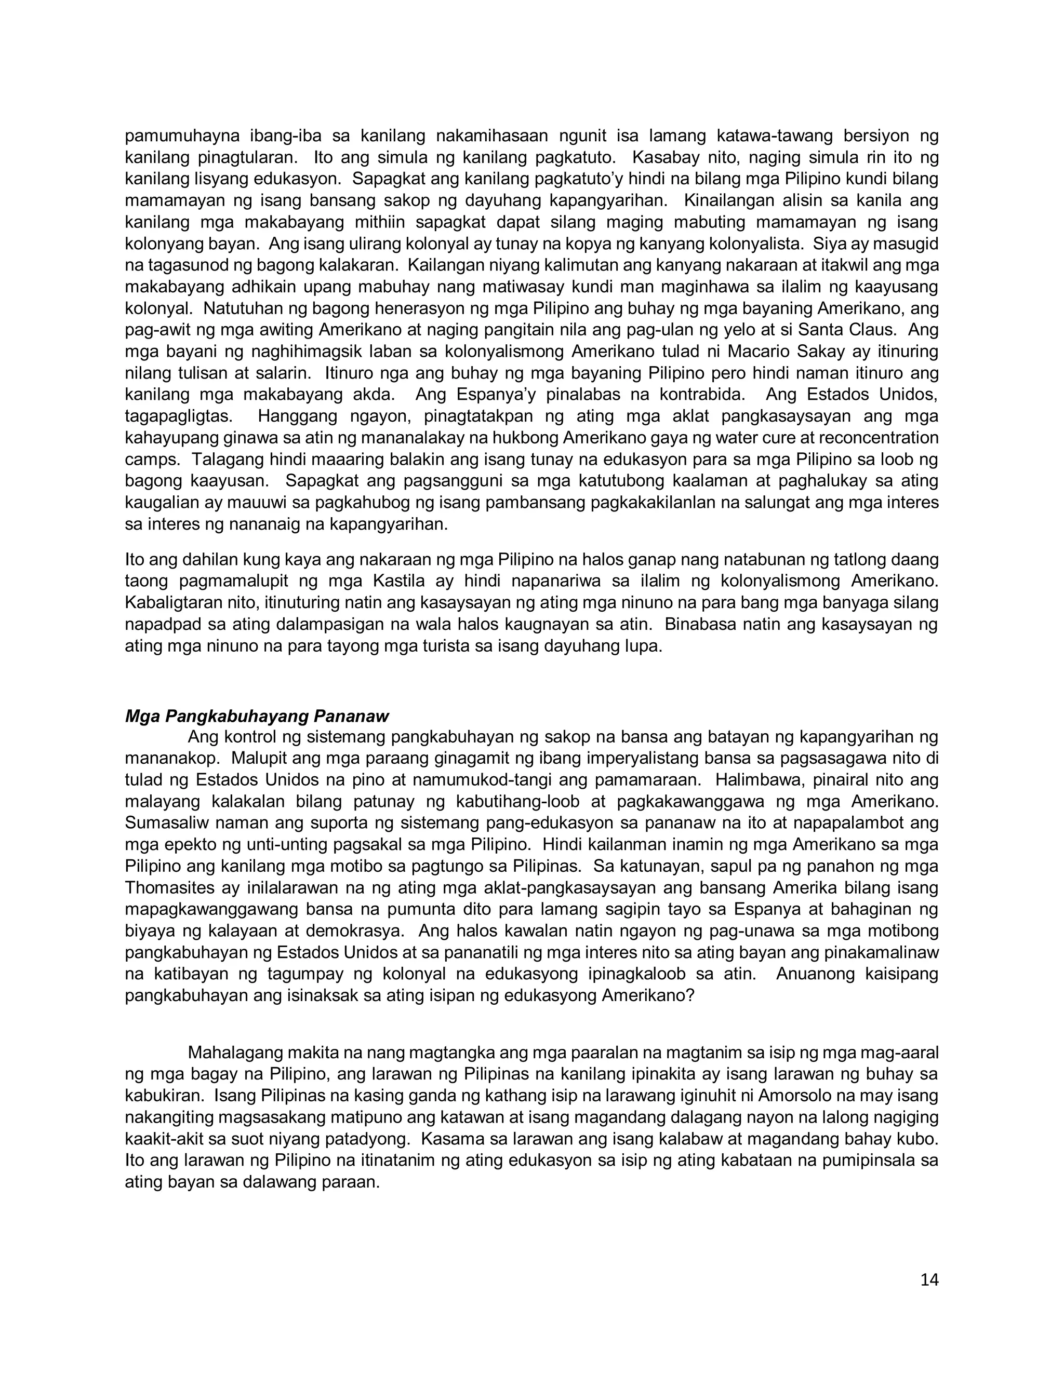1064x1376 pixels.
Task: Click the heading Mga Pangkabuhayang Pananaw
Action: [257, 717]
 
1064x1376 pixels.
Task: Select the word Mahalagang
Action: [234, 1053]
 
